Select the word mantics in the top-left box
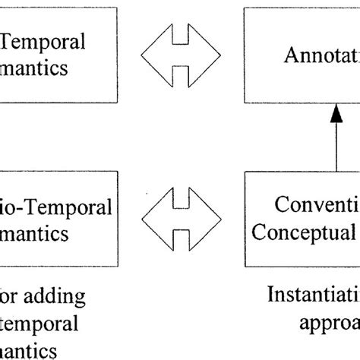pyautogui.click(x=33, y=68)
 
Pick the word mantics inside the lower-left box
pyautogui.click(x=33, y=233)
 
